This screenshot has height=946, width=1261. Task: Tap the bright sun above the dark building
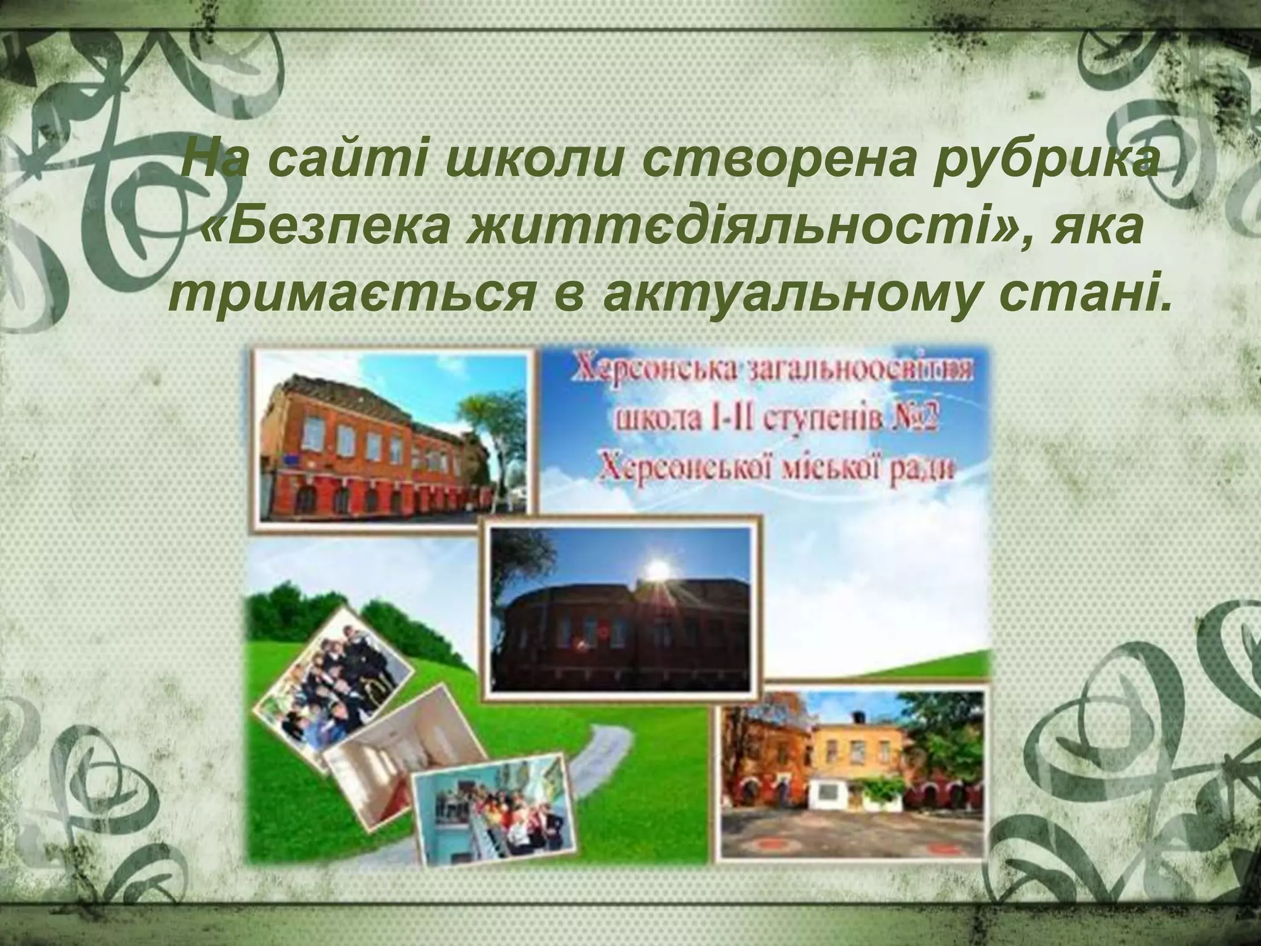[x=658, y=565]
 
